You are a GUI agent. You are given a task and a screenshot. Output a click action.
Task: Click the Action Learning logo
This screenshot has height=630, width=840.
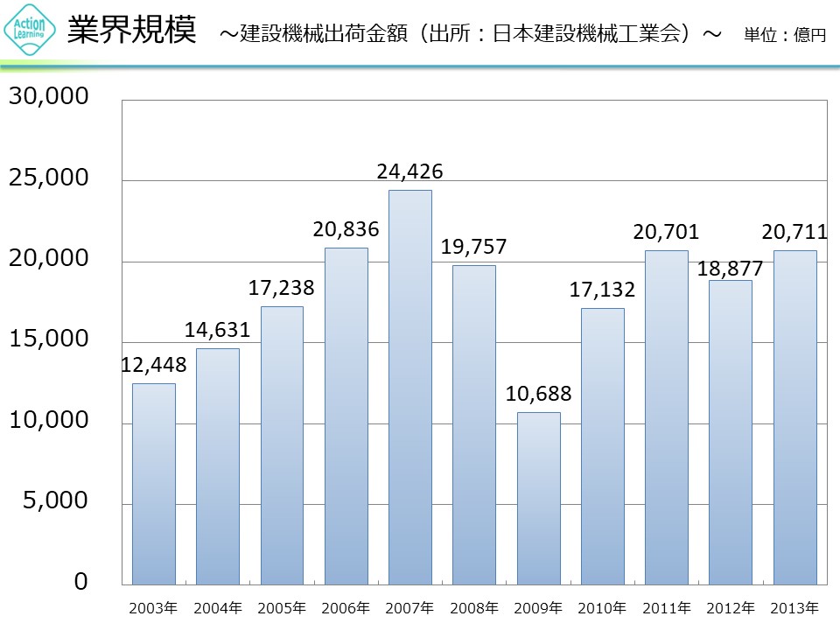(x=31, y=31)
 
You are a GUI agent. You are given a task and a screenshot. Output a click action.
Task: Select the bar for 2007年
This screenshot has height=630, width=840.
(x=410, y=387)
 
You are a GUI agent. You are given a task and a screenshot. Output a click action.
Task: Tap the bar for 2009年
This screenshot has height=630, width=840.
(x=538, y=498)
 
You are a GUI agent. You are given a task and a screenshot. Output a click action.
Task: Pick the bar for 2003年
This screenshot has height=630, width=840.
(x=154, y=484)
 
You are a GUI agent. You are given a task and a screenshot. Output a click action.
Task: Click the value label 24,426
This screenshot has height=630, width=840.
(x=410, y=171)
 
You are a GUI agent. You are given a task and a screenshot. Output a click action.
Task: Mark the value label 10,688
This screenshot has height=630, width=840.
(x=538, y=394)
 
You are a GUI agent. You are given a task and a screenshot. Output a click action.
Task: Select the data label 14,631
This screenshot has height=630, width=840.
(x=218, y=330)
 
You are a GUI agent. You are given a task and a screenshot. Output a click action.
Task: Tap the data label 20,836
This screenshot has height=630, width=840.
(x=346, y=230)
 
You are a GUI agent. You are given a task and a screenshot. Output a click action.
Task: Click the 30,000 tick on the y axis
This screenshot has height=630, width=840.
(x=49, y=97)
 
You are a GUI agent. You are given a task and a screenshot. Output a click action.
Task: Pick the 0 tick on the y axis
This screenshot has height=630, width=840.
(x=80, y=582)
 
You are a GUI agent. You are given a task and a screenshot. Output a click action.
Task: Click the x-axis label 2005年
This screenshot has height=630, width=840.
(x=283, y=607)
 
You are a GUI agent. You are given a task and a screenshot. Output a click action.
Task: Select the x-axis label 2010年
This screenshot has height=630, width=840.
(x=603, y=607)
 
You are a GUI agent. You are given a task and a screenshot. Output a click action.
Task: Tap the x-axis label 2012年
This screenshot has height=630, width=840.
(x=731, y=607)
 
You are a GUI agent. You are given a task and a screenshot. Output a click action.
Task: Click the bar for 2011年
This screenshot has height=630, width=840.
(x=667, y=417)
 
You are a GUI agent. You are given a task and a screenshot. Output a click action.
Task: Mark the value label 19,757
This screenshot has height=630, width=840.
(x=474, y=247)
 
